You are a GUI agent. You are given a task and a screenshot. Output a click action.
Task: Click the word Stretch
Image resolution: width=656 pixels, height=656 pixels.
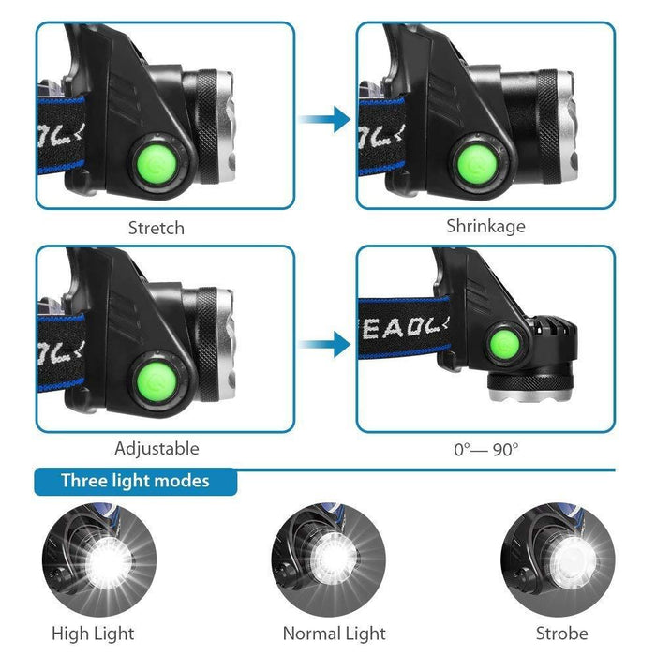(157, 228)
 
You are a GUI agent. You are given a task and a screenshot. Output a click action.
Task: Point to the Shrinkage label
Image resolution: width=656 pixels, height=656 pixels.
(485, 226)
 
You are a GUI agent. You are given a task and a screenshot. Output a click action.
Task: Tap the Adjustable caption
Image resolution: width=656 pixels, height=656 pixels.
(157, 449)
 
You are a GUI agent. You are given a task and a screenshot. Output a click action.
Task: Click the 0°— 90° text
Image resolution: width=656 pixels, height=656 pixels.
(485, 449)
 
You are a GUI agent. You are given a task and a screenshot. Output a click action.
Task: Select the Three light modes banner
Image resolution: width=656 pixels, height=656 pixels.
(135, 482)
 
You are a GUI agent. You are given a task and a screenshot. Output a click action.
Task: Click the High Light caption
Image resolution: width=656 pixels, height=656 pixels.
(93, 634)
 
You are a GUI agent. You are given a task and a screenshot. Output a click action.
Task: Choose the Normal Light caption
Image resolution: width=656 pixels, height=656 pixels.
(335, 634)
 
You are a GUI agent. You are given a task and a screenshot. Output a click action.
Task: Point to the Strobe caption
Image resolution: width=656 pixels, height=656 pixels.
(562, 634)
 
